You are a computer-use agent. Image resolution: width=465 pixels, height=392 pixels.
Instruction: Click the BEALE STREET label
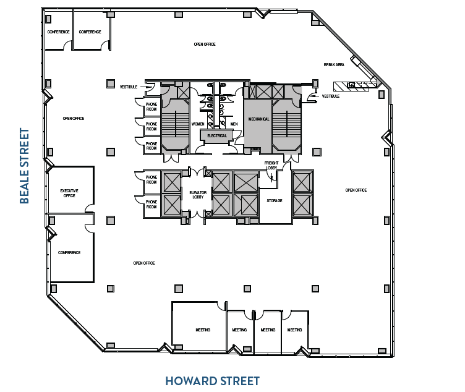click(x=25, y=166)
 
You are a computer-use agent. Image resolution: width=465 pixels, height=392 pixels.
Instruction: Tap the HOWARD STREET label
click(x=212, y=381)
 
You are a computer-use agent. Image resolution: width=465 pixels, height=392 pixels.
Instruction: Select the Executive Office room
click(x=69, y=192)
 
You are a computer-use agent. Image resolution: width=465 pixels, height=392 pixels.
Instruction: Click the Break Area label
click(x=333, y=64)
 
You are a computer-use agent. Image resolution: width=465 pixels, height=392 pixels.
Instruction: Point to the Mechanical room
click(x=258, y=119)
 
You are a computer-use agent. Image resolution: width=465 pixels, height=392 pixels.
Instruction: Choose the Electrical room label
click(x=217, y=135)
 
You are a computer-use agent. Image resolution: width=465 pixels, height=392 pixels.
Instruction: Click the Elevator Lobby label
click(x=197, y=195)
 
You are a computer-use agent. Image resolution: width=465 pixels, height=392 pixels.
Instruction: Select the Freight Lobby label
click(x=271, y=165)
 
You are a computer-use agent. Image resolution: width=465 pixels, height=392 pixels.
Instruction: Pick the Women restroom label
click(x=198, y=124)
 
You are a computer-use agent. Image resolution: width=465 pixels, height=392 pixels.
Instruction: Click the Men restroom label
click(x=234, y=124)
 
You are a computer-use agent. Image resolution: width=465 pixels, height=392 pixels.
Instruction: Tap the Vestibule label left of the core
click(x=128, y=87)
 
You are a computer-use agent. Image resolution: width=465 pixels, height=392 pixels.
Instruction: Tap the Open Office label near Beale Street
click(x=74, y=118)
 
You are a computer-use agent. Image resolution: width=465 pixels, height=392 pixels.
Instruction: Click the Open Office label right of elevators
click(x=356, y=190)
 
